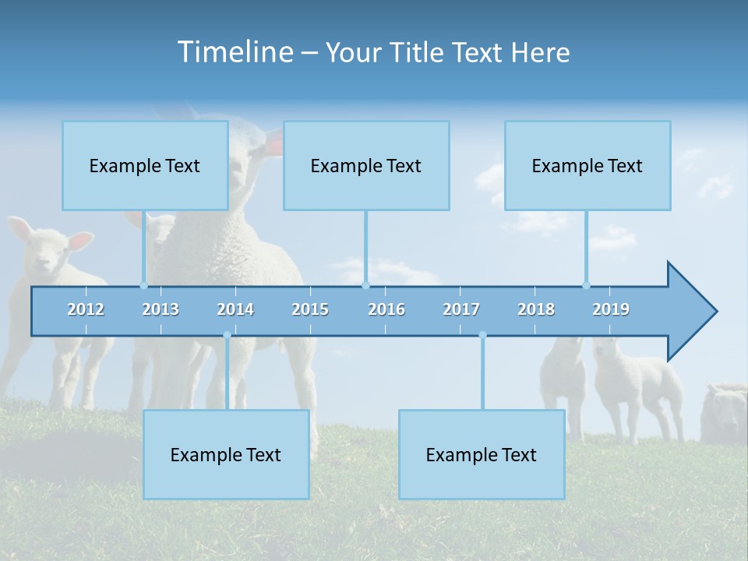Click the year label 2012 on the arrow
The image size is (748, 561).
[86, 309]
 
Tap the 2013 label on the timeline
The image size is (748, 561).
[161, 309]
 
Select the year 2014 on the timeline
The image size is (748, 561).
[235, 309]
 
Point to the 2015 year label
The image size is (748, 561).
[310, 309]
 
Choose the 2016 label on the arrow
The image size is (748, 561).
[386, 309]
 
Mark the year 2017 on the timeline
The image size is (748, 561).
[461, 309]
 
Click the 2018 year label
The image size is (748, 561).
[536, 309]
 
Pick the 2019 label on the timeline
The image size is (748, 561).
[611, 309]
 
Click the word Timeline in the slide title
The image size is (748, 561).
[235, 52]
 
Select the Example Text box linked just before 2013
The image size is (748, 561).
[145, 165]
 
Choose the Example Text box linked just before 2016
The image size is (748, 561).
[366, 165]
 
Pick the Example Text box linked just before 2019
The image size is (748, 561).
[587, 165]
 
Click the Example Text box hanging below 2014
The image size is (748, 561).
[226, 454]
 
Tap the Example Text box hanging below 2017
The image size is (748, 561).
[482, 454]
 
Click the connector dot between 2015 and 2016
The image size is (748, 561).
[365, 285]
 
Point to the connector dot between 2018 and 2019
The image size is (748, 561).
[586, 285]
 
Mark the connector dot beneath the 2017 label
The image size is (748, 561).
[482, 335]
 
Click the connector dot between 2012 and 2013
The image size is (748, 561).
[144, 285]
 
